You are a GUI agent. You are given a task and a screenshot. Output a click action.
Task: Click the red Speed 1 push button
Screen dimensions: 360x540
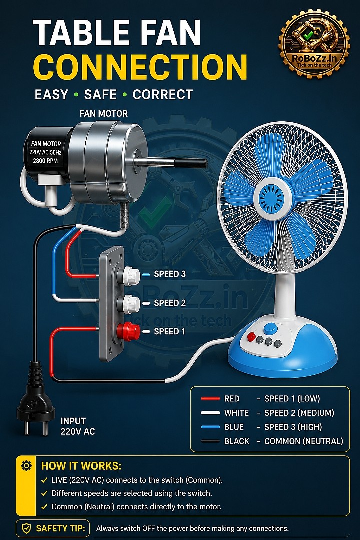pyautogui.click(x=128, y=331)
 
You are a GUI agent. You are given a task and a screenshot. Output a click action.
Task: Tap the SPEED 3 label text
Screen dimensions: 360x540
pyautogui.click(x=170, y=274)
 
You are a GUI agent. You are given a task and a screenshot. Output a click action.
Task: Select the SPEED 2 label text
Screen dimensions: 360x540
pyautogui.click(x=170, y=303)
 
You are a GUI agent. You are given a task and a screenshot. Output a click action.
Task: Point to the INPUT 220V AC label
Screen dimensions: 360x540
pyautogui.click(x=78, y=426)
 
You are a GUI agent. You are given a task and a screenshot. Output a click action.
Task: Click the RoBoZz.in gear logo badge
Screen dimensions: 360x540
pyautogui.click(x=314, y=43)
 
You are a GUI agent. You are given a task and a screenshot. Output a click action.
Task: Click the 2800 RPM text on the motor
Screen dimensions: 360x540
pyautogui.click(x=45, y=160)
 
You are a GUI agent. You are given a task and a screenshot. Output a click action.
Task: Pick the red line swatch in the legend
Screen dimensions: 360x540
pyautogui.click(x=210, y=398)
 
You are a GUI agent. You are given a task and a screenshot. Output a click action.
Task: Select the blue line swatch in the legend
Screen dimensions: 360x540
pyautogui.click(x=210, y=427)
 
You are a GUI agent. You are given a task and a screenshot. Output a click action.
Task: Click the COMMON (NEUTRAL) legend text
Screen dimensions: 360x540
pyautogui.click(x=304, y=441)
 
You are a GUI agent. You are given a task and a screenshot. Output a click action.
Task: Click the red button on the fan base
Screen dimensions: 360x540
pyautogui.click(x=251, y=336)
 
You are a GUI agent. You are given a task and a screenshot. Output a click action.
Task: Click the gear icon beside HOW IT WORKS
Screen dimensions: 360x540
pyautogui.click(x=26, y=466)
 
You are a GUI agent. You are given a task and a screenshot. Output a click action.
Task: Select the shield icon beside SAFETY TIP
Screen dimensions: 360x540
pyautogui.click(x=27, y=528)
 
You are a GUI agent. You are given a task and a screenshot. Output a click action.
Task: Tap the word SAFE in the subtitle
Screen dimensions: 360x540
pyautogui.click(x=100, y=94)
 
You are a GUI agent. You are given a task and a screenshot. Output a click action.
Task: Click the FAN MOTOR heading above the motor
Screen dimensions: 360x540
pyautogui.click(x=104, y=114)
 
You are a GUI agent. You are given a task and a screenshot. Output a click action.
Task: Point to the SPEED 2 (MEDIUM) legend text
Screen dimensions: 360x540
pyautogui.click(x=299, y=413)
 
